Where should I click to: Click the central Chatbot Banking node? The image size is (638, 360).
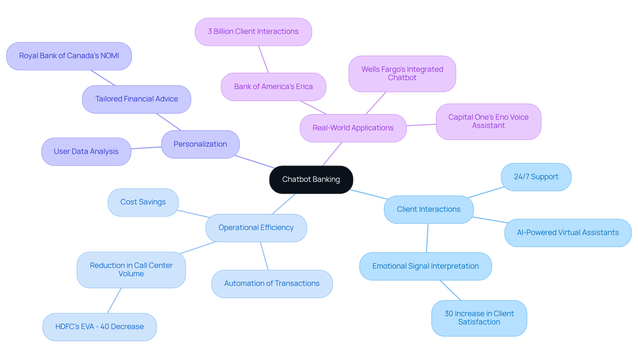(x=311, y=180)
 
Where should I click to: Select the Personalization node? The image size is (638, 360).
(x=200, y=144)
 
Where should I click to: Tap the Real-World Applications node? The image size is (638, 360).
(x=353, y=128)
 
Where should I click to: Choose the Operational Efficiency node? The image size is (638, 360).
(x=256, y=228)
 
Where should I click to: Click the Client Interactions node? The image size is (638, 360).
(x=428, y=209)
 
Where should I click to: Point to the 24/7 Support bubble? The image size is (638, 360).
(x=536, y=177)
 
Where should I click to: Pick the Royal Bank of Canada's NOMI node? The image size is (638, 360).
(x=69, y=56)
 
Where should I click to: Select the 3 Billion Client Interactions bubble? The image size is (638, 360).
(x=253, y=32)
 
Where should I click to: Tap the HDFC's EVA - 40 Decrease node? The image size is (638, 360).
(x=99, y=327)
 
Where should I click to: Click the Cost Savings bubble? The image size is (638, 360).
(x=143, y=202)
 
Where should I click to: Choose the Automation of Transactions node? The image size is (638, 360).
(x=272, y=284)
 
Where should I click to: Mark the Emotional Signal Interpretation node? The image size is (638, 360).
(x=425, y=266)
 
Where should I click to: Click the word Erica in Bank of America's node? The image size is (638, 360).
(x=304, y=87)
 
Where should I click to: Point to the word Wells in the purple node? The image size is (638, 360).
(x=371, y=69)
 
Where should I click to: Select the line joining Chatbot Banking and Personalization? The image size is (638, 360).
(x=255, y=162)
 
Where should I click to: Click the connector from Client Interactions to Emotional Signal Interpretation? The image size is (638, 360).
(x=427, y=238)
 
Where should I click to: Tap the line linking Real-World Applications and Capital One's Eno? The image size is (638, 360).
(x=421, y=125)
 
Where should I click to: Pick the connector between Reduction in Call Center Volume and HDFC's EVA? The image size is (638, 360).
(x=114, y=300)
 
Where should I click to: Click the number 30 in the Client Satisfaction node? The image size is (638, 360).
(x=449, y=314)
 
